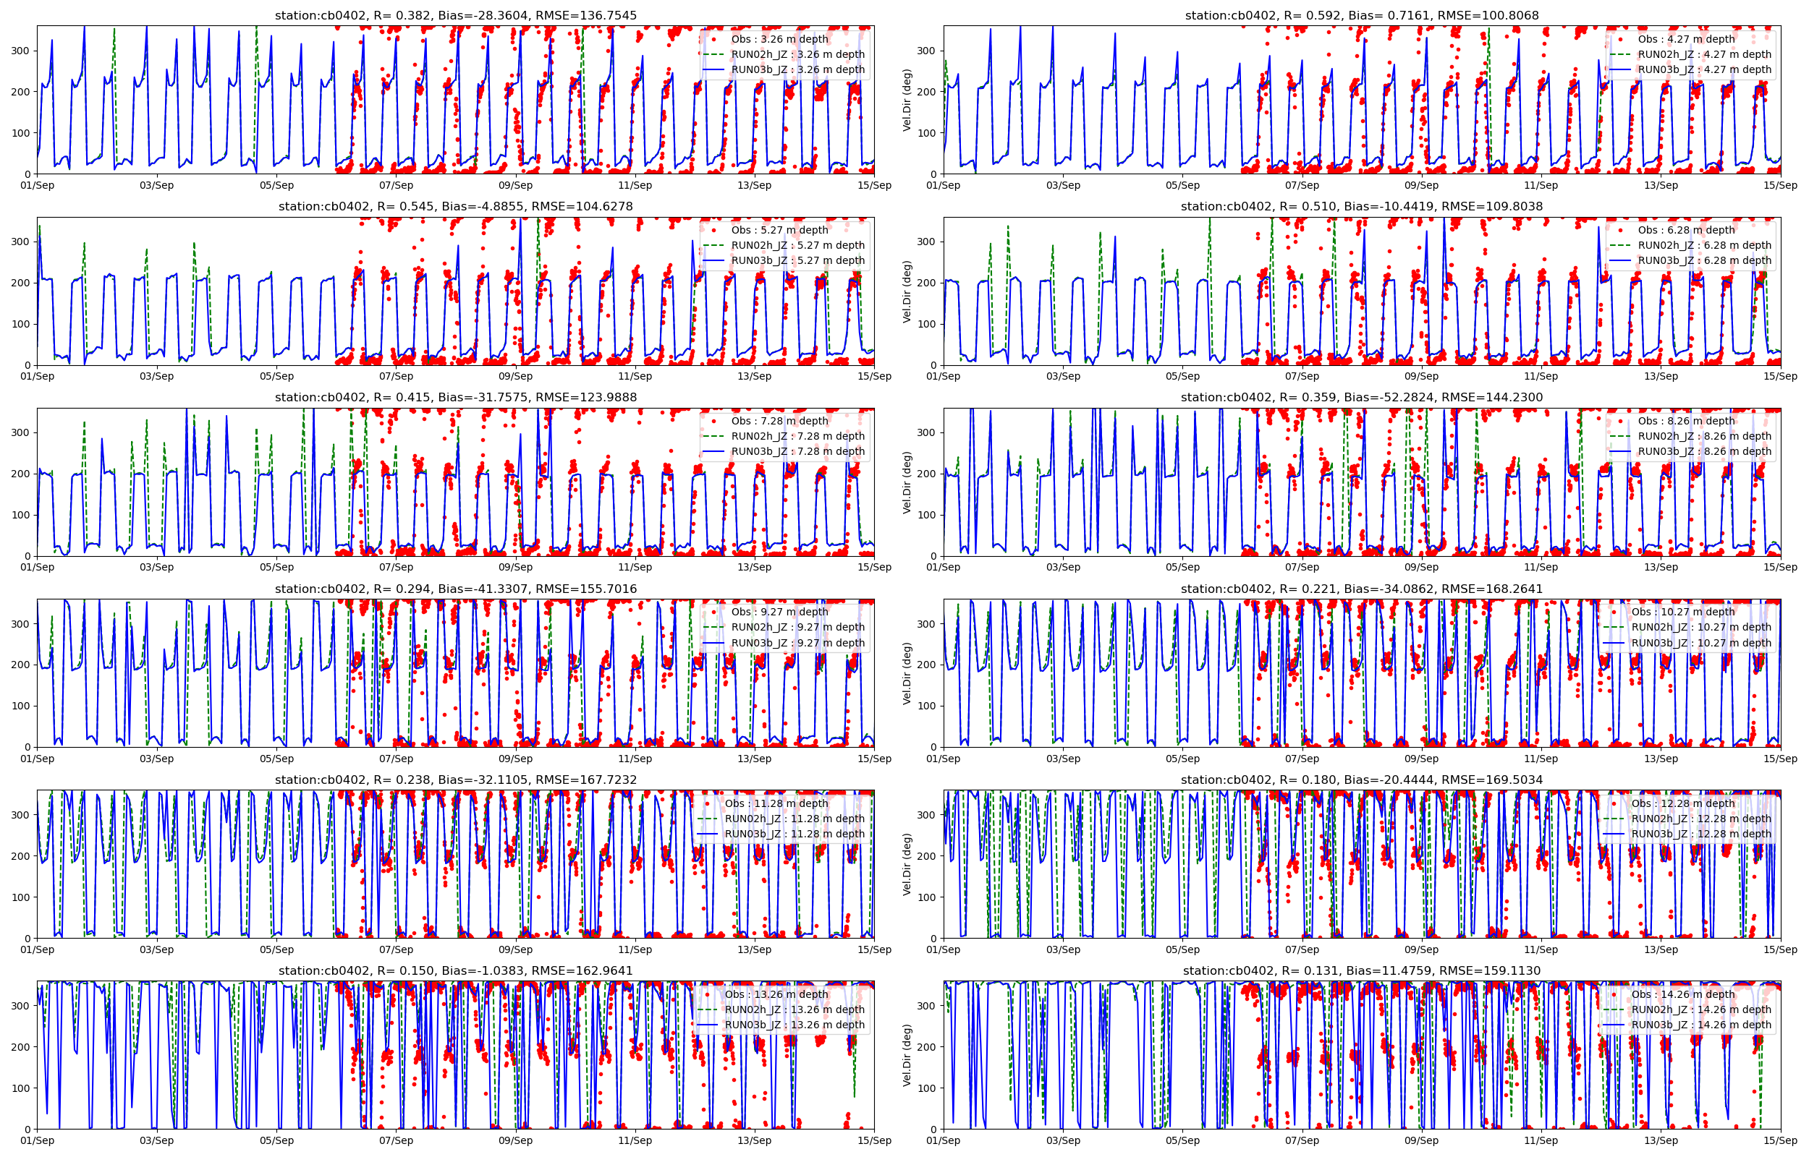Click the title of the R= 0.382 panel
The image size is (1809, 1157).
[x=455, y=15]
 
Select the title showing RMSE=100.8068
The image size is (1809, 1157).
[x=1361, y=15]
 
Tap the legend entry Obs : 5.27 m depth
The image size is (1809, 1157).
[x=779, y=230]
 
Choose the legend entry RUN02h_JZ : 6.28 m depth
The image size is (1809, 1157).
[x=1704, y=245]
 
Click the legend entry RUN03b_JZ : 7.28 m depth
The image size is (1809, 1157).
[x=797, y=451]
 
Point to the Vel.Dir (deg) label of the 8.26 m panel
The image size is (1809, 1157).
[x=907, y=482]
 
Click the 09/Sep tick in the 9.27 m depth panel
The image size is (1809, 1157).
[x=516, y=759]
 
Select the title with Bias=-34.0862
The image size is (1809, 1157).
[x=1361, y=589]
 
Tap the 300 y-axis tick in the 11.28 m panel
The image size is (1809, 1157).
[x=21, y=815]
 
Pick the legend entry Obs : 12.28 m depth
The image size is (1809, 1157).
[x=1683, y=803]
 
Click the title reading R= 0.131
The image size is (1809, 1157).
[x=1361, y=971]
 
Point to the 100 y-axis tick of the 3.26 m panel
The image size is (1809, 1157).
[x=21, y=133]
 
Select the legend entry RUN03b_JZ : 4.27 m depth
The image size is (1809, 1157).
[x=1704, y=70]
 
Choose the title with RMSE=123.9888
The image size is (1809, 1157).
[x=455, y=398]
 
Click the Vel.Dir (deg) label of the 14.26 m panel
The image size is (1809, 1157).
[x=907, y=1056]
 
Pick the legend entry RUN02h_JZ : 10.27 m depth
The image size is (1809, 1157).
[x=1700, y=628]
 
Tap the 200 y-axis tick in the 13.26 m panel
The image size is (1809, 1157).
[x=21, y=1047]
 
